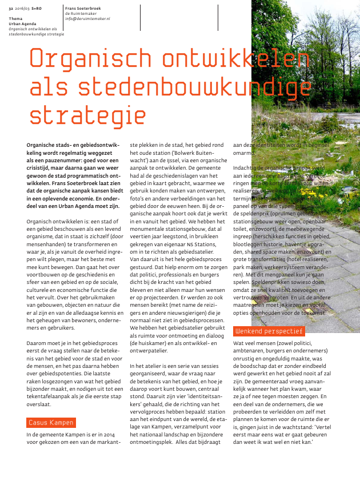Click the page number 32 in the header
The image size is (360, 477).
[x=11, y=9]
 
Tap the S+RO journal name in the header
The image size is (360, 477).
[x=37, y=9]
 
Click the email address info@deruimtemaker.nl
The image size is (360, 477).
[x=87, y=19]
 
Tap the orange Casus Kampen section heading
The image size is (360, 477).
[x=51, y=423]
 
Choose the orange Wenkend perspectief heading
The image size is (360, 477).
[x=269, y=331]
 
